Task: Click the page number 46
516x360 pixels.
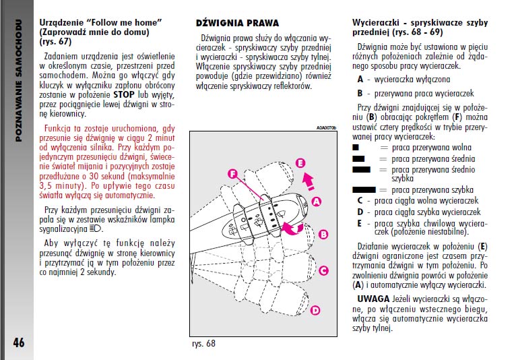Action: (x=18, y=342)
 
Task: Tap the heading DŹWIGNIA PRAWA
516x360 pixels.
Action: (x=236, y=23)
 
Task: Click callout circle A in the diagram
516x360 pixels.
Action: (x=317, y=202)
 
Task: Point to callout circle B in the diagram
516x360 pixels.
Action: (x=323, y=235)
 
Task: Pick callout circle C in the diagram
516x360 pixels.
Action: (x=323, y=271)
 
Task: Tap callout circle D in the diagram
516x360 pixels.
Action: (x=315, y=310)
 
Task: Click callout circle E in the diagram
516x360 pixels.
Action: (x=300, y=162)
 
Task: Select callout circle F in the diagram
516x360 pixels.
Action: (x=232, y=175)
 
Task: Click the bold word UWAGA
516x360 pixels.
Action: (x=373, y=298)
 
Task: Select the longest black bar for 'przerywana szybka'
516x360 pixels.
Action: (x=364, y=191)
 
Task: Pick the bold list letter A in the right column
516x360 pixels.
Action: (x=360, y=80)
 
